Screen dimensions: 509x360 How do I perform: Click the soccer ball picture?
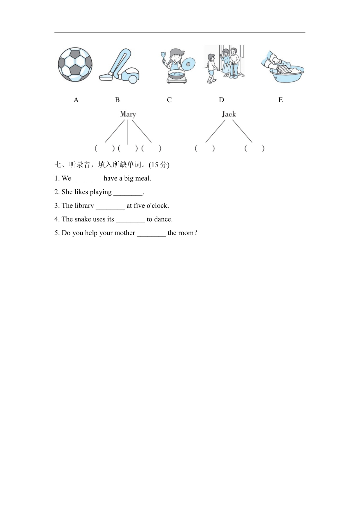pyautogui.click(x=75, y=64)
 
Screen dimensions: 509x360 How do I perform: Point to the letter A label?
pyautogui.click(x=76, y=100)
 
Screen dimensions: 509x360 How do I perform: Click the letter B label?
pyautogui.click(x=117, y=100)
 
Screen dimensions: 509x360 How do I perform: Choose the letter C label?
pyautogui.click(x=169, y=100)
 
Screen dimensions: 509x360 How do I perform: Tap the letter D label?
pyautogui.click(x=221, y=100)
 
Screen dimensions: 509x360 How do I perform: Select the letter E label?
pyautogui.click(x=281, y=100)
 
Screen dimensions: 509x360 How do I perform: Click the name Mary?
pyautogui.click(x=128, y=114)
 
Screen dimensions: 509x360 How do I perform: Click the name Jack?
pyautogui.click(x=229, y=114)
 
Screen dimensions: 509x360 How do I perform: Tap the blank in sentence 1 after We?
pyautogui.click(x=87, y=179)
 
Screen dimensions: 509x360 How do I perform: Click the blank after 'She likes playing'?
pyautogui.click(x=128, y=193)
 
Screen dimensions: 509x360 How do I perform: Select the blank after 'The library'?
pyautogui.click(x=110, y=206)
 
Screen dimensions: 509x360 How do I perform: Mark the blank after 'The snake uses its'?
pyautogui.click(x=130, y=220)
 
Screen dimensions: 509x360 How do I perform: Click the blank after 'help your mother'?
pyautogui.click(x=151, y=234)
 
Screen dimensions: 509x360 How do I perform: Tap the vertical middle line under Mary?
pyautogui.click(x=128, y=132)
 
